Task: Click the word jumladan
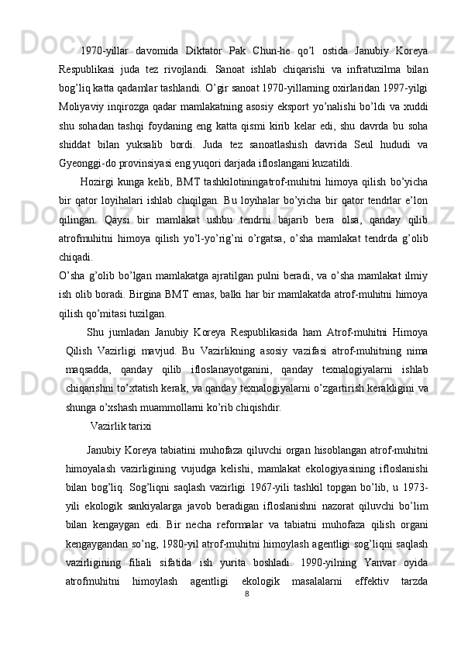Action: (136, 333)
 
